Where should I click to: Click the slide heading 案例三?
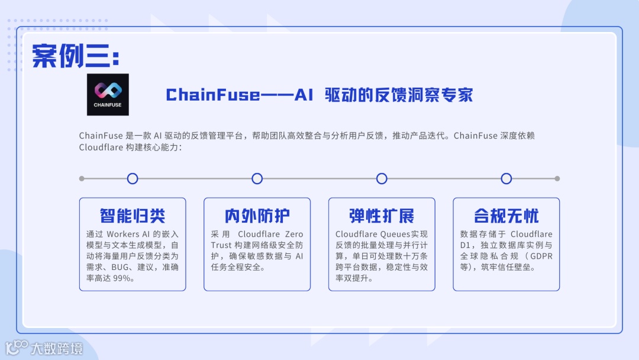[75, 56]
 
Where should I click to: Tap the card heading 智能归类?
[133, 216]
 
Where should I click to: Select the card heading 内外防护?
[257, 216]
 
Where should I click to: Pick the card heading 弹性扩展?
[382, 216]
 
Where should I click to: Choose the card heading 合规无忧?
[506, 216]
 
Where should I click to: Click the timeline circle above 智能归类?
[133, 178]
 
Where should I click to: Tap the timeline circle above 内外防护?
[257, 178]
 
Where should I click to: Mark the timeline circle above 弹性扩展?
[382, 178]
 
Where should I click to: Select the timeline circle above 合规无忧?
[506, 178]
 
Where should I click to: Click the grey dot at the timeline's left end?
[82, 178]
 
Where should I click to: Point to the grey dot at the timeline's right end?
[557, 178]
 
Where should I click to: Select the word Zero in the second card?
[293, 234]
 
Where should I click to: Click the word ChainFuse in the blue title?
[212, 95]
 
